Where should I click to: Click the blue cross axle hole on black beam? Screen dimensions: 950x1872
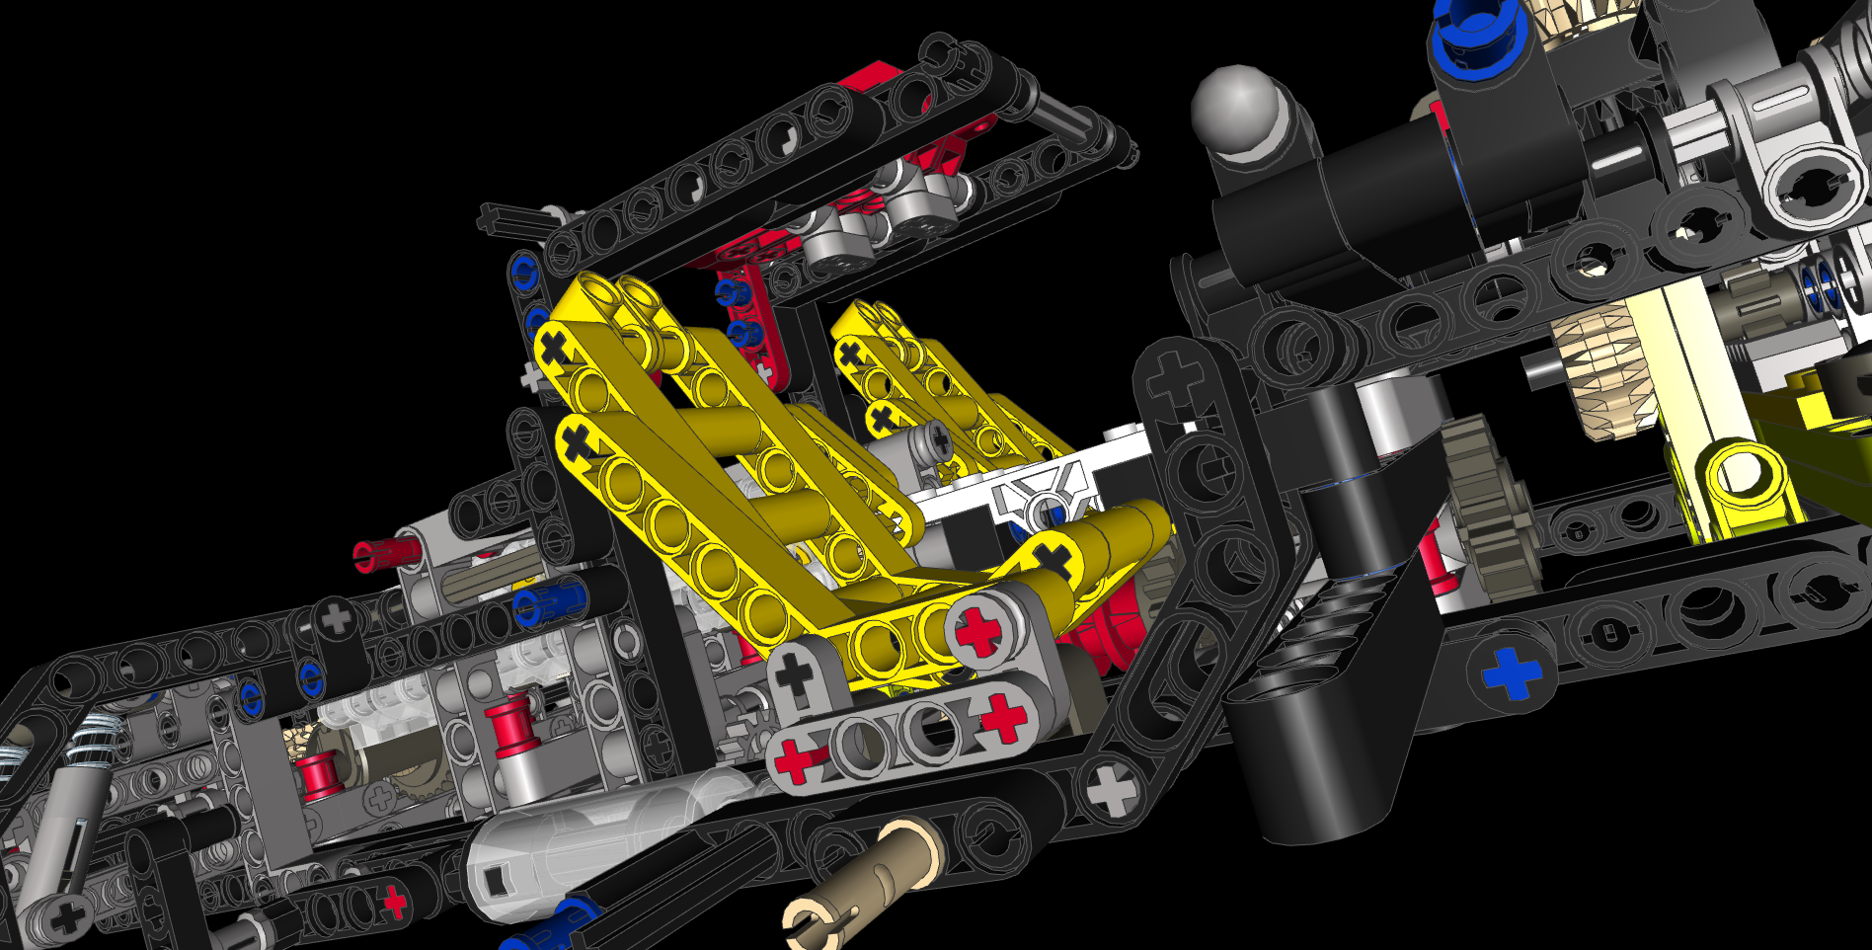[1511, 673]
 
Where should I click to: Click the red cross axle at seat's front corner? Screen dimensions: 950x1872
[979, 630]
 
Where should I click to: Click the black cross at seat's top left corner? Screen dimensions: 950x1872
[555, 348]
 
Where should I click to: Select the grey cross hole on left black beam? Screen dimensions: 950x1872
[337, 618]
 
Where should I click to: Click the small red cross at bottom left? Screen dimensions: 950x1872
[395, 901]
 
